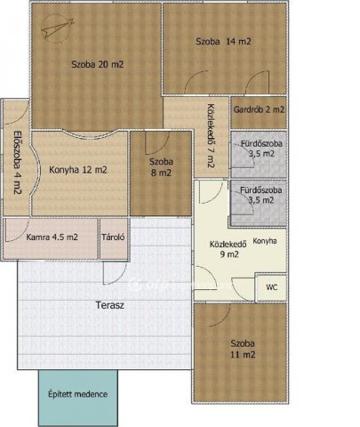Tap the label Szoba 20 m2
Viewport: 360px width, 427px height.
coord(98,64)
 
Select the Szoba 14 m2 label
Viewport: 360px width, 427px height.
coord(223,41)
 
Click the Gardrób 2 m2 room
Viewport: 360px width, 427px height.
coord(259,112)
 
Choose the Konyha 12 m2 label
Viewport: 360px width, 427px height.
coord(78,170)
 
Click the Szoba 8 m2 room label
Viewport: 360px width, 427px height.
coord(161,167)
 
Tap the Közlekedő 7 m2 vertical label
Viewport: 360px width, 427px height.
coord(211,136)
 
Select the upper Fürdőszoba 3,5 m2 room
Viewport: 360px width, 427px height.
coord(259,154)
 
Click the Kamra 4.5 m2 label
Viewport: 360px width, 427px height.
coord(52,238)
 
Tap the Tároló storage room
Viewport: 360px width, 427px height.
coord(114,238)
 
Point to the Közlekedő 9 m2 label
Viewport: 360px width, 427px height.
coord(228,249)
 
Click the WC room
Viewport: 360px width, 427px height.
coord(271,287)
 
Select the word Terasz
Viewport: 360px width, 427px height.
coord(110,305)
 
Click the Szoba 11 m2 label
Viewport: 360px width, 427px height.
coord(243,349)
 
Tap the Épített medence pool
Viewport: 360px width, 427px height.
coord(78,398)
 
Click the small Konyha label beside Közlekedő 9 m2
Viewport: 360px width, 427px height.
coord(265,241)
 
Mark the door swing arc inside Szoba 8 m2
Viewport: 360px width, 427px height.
coord(157,143)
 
